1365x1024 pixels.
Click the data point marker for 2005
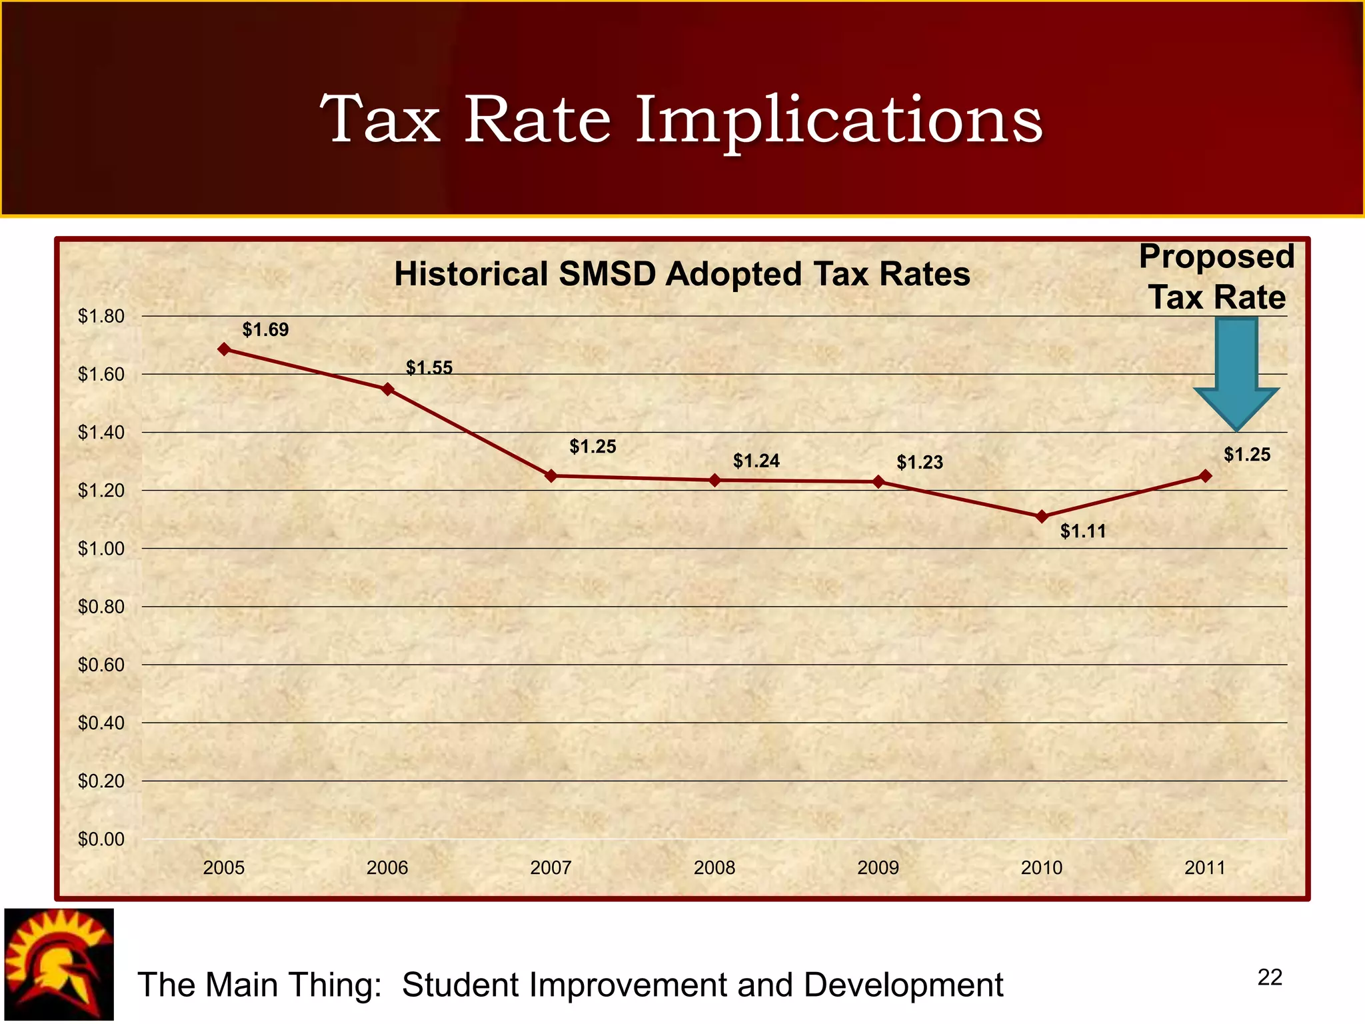(x=225, y=349)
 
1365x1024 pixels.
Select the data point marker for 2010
(x=1042, y=517)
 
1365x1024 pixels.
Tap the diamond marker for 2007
(x=551, y=476)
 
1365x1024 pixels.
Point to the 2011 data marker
(x=1205, y=476)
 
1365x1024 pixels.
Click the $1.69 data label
(x=265, y=329)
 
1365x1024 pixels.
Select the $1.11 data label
(x=1083, y=531)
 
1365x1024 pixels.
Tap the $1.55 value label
(x=429, y=367)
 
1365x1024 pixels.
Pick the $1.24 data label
(x=756, y=461)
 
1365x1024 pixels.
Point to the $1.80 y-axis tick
(x=101, y=316)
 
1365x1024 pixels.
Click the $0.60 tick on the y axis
(x=101, y=665)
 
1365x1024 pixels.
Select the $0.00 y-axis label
(x=101, y=839)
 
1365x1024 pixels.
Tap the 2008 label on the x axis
(x=714, y=867)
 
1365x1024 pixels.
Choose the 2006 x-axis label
(x=387, y=867)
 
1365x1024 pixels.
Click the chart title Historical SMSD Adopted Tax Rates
(x=682, y=274)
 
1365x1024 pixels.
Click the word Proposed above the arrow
(x=1216, y=257)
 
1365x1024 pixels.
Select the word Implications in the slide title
(x=838, y=120)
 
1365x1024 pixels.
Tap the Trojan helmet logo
(x=59, y=964)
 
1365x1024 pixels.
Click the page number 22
(x=1269, y=977)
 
